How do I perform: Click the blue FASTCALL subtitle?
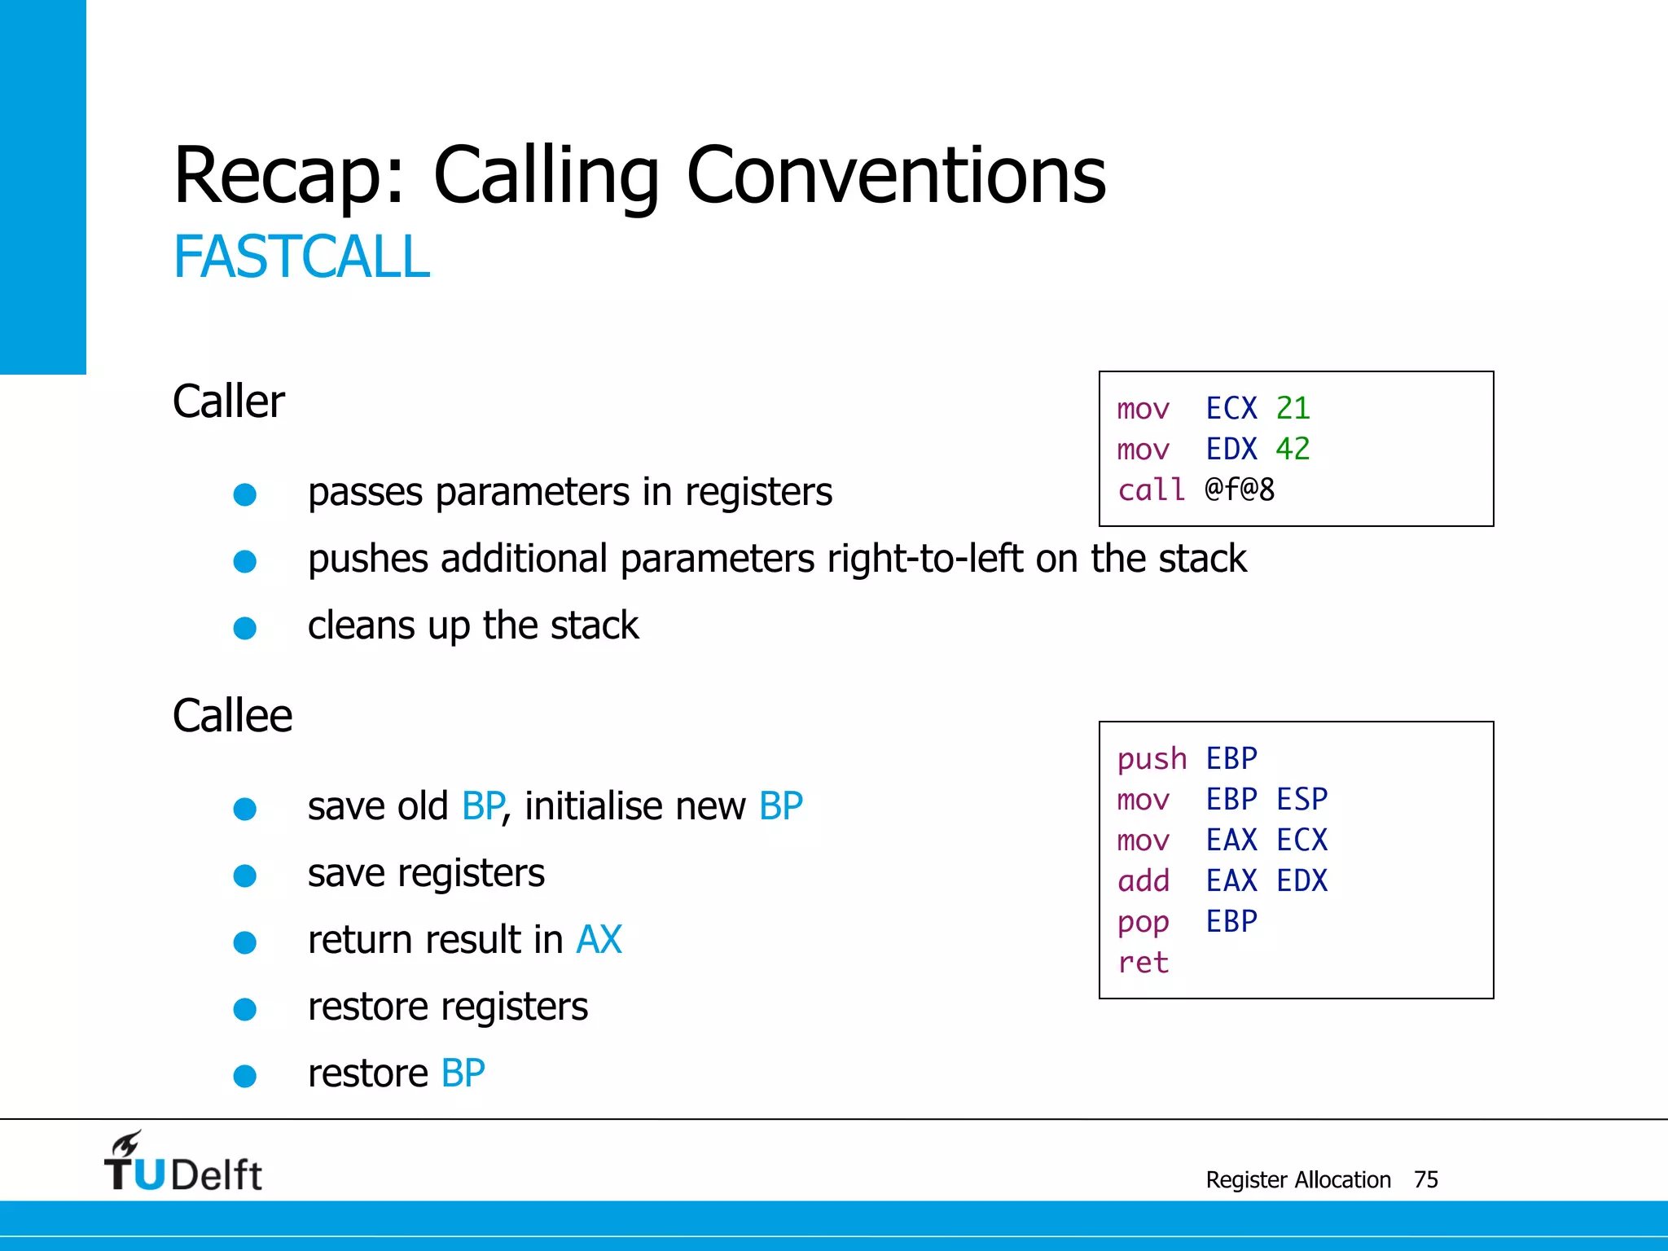pos(301,257)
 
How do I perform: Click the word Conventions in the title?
pos(896,175)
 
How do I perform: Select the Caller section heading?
pos(229,402)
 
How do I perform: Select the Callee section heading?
pos(232,716)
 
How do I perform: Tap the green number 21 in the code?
pos(1293,408)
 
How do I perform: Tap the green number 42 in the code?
pos(1293,449)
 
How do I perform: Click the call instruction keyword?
pos(1151,490)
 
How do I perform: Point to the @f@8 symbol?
pos(1240,489)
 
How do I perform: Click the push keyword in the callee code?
pos(1152,759)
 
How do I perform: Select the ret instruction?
pos(1143,963)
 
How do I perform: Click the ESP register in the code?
pos(1301,799)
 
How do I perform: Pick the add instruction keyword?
pos(1143,880)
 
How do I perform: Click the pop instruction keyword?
pos(1143,922)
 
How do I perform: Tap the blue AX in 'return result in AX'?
pos(599,940)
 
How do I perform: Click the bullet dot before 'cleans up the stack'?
pos(245,628)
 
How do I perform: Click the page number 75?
pos(1425,1179)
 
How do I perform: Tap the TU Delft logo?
pos(182,1162)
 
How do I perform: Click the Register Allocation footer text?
pos(1297,1179)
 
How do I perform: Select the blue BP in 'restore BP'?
pos(463,1073)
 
